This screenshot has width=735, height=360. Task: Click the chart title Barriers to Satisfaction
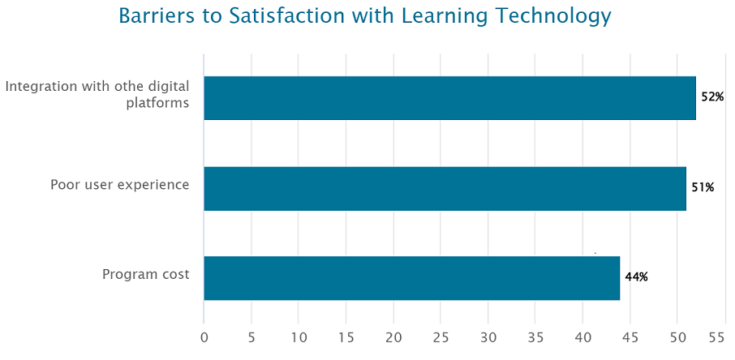tap(364, 17)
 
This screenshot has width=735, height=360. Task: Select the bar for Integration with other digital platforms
tap(449, 98)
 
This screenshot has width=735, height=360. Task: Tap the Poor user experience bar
tap(445, 188)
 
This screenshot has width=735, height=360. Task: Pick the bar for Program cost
tap(411, 278)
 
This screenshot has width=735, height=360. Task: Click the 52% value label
tap(712, 97)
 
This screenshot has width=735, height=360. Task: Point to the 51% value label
tap(703, 188)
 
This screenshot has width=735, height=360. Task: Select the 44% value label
tap(636, 277)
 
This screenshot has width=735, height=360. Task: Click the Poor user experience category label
tap(119, 185)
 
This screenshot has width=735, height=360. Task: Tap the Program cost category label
tap(145, 275)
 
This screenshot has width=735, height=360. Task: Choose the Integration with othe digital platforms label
tap(97, 94)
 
